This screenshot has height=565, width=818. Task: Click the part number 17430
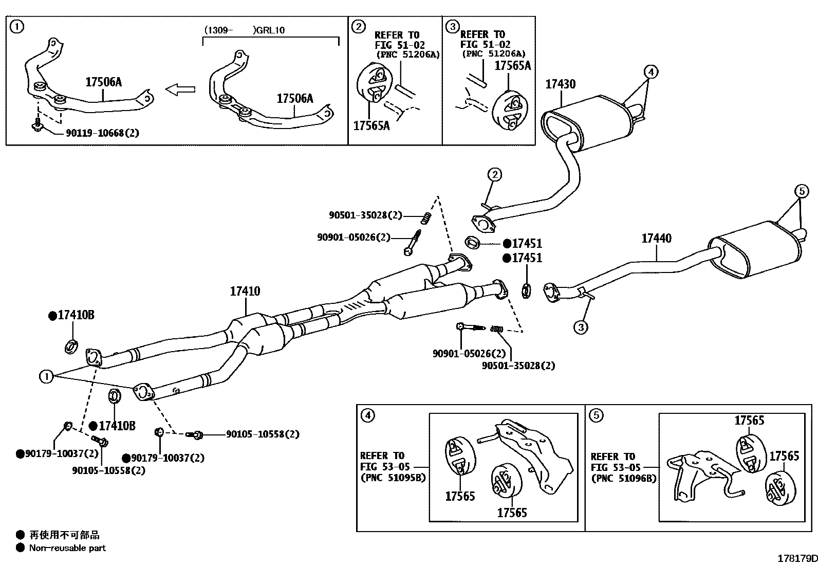point(560,84)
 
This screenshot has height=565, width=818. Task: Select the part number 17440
point(656,238)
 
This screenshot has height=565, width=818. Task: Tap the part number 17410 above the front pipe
point(245,291)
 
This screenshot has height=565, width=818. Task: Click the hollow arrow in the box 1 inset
point(180,89)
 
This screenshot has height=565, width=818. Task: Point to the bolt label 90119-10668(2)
point(102,133)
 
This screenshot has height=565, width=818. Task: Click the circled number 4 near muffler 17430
point(650,71)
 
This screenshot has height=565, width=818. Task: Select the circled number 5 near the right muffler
point(802,191)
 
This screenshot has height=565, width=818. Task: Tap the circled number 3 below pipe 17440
point(581,326)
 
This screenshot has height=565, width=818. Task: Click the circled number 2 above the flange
point(494,175)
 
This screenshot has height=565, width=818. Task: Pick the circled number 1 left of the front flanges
point(46,377)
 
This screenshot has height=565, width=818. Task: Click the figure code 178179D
point(796,558)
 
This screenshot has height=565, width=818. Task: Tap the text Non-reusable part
point(67,548)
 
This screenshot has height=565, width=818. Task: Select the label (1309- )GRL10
point(245,30)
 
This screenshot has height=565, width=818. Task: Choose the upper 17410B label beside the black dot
point(76,315)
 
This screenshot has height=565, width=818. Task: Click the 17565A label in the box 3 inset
point(512,65)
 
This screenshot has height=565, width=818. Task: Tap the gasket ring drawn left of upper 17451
point(472,241)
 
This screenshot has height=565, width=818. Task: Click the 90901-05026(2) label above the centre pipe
point(354,237)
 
